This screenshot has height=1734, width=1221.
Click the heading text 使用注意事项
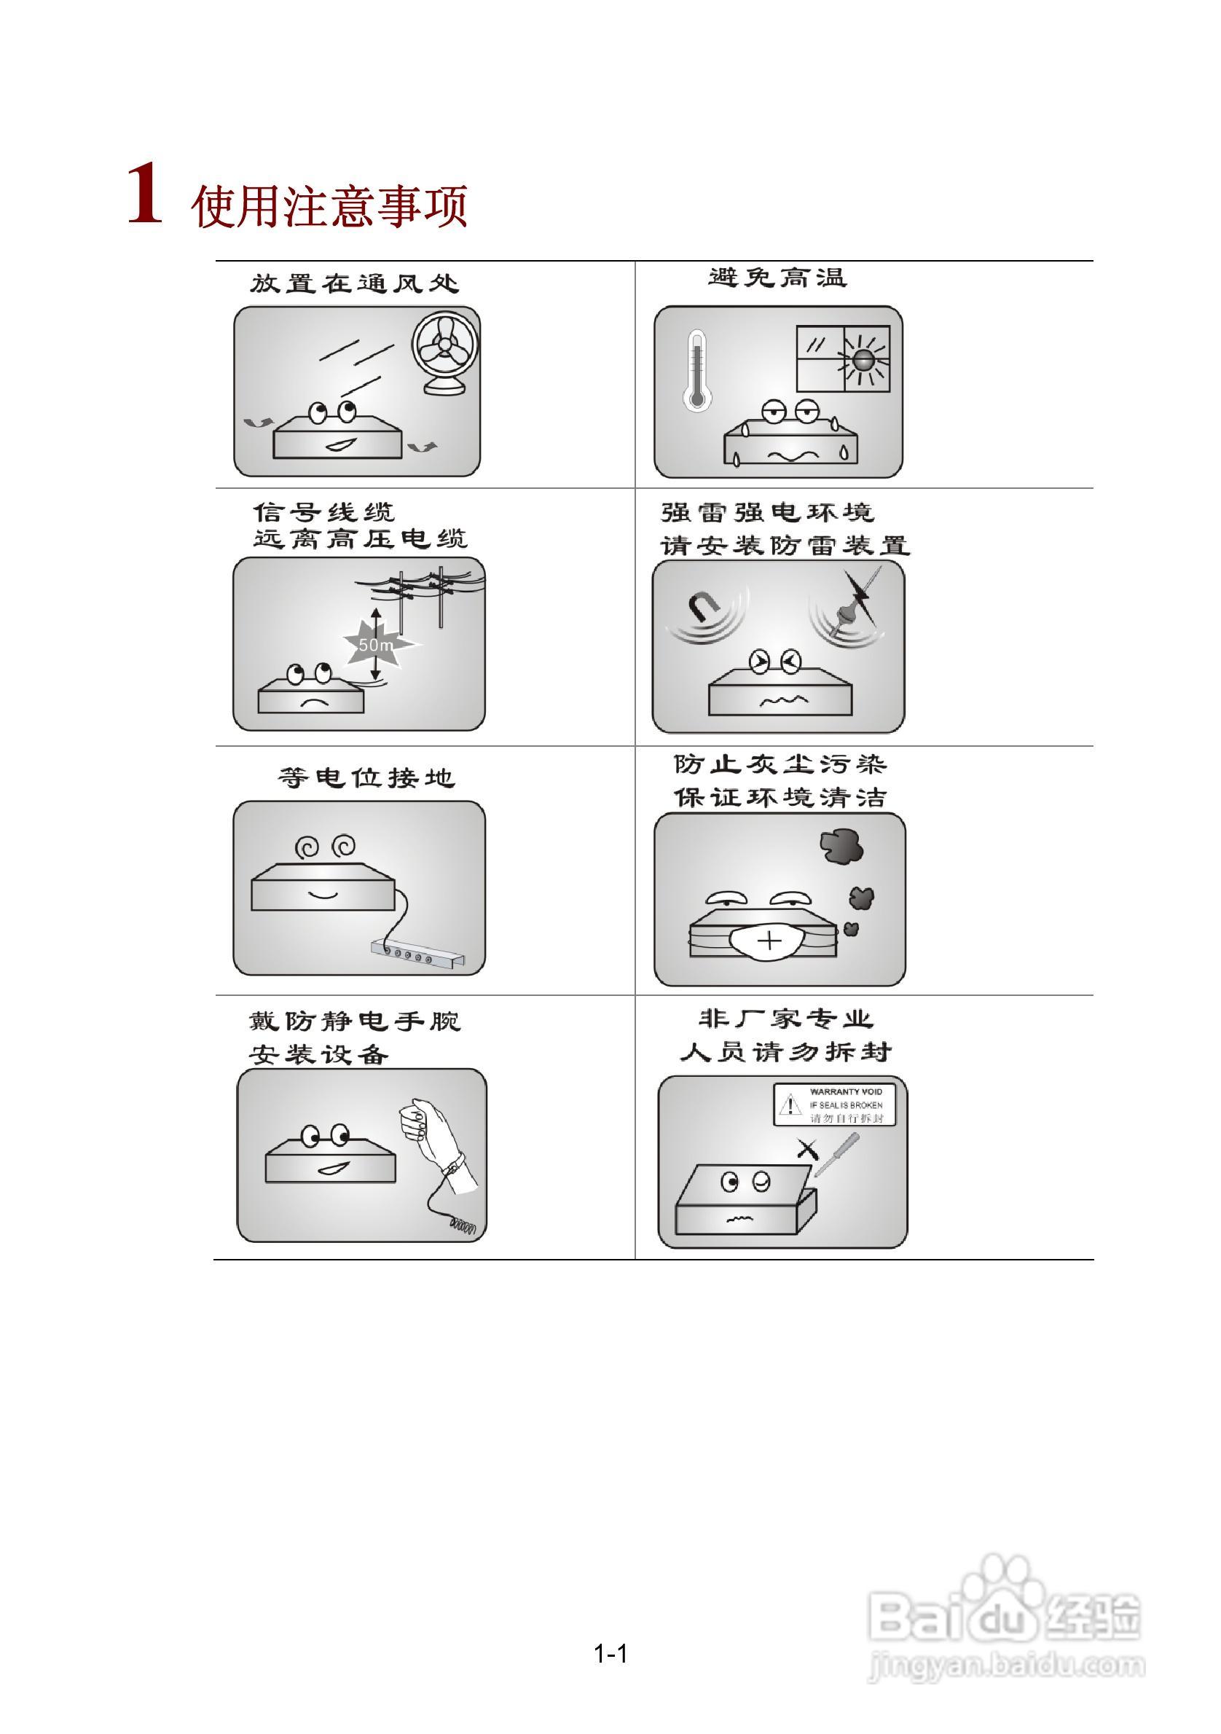[329, 205]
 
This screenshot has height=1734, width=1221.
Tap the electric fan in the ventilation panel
[446, 351]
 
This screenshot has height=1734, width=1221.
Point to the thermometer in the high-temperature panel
[696, 370]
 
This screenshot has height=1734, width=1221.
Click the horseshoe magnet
[704, 607]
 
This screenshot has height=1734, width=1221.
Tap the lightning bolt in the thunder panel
[860, 590]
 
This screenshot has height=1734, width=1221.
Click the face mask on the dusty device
[769, 941]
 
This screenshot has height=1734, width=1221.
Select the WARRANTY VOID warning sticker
[833, 1104]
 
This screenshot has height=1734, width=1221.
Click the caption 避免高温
[777, 278]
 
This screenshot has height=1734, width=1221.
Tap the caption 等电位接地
[366, 778]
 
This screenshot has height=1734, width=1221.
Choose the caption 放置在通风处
[354, 284]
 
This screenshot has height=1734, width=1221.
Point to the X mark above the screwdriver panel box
[807, 1150]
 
